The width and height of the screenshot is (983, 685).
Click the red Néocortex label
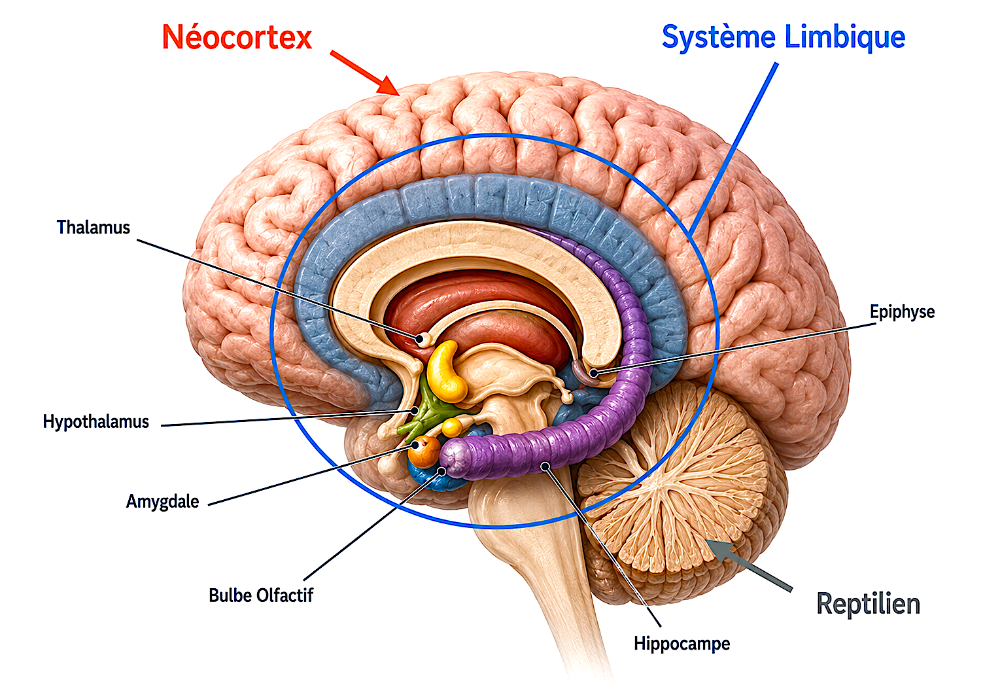coord(237,37)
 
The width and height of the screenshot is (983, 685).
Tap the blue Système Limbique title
coord(784,38)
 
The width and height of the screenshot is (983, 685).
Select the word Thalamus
coord(93,228)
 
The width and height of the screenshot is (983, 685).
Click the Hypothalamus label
coord(95,422)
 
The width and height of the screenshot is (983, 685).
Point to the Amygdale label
coord(162,501)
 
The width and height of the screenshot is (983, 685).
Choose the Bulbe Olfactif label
coord(261,595)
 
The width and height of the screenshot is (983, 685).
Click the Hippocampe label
coord(682,644)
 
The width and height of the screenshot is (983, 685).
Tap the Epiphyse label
coord(903,312)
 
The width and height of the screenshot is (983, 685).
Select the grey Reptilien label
coord(868,604)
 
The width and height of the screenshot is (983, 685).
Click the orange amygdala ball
coord(424,451)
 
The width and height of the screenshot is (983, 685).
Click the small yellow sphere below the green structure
coord(451,427)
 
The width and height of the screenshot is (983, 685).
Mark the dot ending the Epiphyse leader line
coord(593,373)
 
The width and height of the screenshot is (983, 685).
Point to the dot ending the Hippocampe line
coord(545,466)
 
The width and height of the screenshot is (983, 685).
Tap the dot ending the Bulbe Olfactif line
coord(442,471)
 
